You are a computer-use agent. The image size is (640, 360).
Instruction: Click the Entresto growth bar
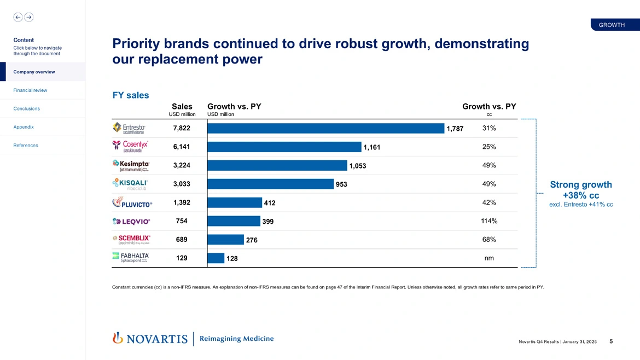click(326, 128)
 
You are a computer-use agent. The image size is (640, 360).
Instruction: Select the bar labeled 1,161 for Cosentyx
click(284, 147)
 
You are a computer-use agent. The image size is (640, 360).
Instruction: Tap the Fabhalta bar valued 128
click(216, 258)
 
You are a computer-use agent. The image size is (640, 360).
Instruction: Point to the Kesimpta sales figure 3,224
click(182, 165)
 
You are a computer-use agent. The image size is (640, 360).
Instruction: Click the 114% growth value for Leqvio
click(489, 221)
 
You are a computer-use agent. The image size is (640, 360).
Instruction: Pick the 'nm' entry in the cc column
click(489, 258)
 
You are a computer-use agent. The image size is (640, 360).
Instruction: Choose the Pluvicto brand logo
click(132, 202)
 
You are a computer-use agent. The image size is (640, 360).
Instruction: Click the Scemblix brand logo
click(131, 240)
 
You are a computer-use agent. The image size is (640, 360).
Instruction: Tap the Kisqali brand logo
click(130, 184)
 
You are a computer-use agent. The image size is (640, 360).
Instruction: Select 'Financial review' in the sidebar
click(30, 90)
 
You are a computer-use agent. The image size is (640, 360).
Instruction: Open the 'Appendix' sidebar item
click(24, 127)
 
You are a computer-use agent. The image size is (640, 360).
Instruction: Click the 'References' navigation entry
click(26, 146)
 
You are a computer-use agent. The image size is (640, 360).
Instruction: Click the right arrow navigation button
click(29, 17)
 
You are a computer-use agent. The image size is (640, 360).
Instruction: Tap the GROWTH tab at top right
click(612, 25)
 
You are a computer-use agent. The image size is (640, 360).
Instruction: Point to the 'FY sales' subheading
click(130, 95)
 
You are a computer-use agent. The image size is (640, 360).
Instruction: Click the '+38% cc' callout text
click(580, 195)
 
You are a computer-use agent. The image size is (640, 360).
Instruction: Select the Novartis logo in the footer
click(150, 339)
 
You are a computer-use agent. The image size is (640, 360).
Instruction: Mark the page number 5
click(611, 341)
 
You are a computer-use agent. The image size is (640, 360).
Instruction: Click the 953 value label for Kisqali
click(341, 184)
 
